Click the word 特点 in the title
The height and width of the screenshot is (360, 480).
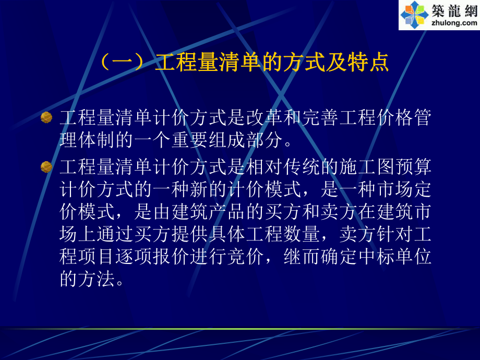click(x=371, y=63)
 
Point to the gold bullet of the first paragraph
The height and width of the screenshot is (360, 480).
click(x=46, y=117)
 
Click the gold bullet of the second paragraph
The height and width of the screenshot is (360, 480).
click(x=46, y=167)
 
